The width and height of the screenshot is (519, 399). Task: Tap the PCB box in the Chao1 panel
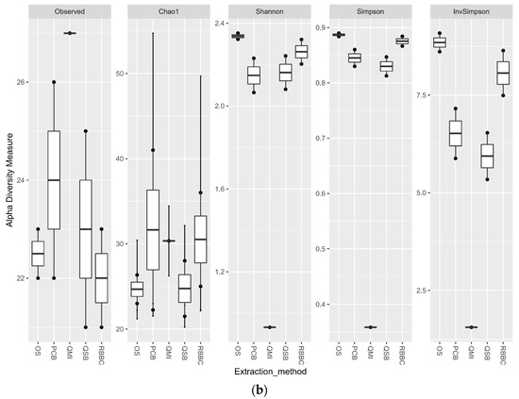point(153,217)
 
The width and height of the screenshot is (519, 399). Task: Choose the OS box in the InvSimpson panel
point(439,42)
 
